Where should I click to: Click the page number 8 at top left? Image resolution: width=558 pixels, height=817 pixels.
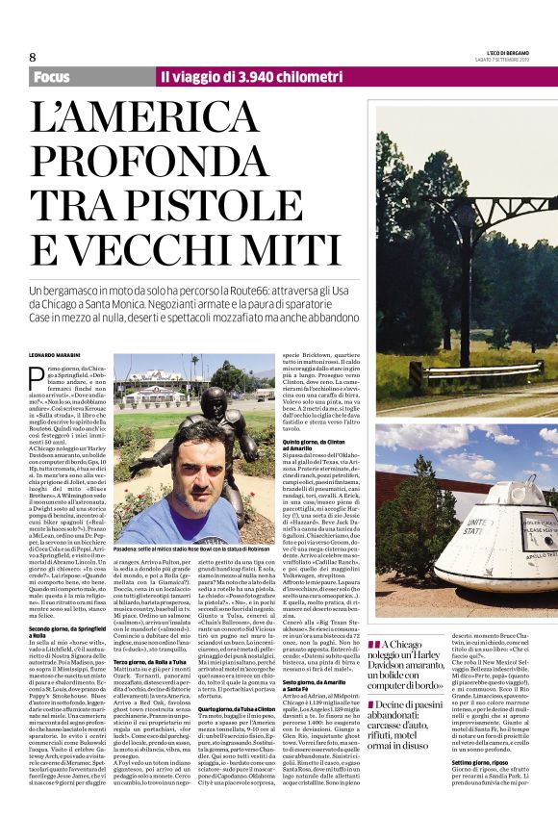click(32, 58)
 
